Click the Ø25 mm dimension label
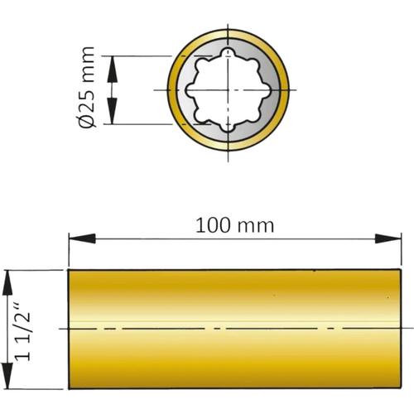point(87,87)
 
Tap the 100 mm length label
point(234,225)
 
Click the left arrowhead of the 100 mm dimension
point(82,238)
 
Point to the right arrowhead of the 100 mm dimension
point(388,238)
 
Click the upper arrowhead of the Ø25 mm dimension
point(112,69)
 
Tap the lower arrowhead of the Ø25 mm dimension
point(112,111)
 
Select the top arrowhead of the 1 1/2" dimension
point(7,284)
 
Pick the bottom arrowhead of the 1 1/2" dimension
point(7,375)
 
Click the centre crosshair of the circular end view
point(228,90)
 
